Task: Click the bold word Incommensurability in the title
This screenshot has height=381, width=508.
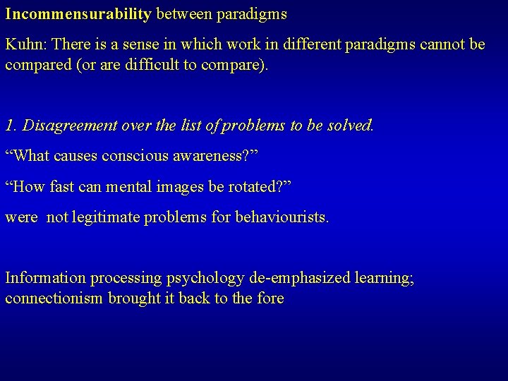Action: pyautogui.click(x=78, y=13)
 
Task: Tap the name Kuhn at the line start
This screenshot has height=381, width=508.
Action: pyautogui.click(x=24, y=44)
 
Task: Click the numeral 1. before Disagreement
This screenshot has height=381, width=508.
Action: pyautogui.click(x=11, y=126)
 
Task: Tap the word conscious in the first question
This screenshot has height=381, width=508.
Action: pyautogui.click(x=136, y=156)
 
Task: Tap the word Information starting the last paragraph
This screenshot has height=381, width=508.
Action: pyautogui.click(x=45, y=278)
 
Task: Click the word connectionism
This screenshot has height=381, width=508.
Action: pyautogui.click(x=54, y=298)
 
